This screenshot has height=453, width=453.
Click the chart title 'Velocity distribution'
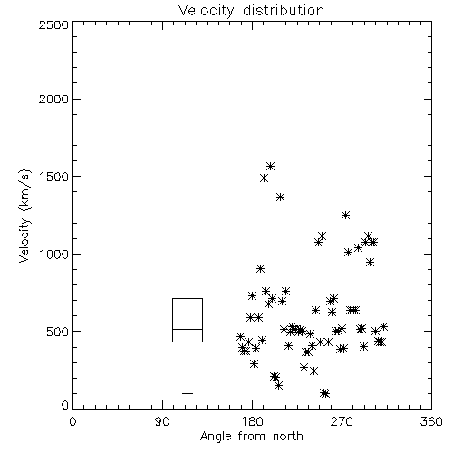click(x=251, y=10)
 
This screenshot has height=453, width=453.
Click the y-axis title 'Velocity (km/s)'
click(x=24, y=216)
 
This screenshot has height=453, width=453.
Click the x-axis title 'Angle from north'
click(x=251, y=437)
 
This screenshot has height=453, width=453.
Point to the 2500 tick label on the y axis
click(x=53, y=24)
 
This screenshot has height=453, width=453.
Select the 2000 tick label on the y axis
click(x=53, y=99)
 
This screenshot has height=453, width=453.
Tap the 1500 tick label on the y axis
click(x=54, y=177)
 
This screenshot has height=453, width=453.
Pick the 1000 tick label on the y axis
click(x=54, y=254)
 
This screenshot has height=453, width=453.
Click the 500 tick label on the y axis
click(x=57, y=332)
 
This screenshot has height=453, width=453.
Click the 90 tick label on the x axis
click(x=162, y=421)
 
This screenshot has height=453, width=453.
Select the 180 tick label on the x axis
click(x=252, y=421)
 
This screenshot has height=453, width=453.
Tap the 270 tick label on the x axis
click(x=342, y=421)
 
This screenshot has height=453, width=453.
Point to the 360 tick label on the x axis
click(x=431, y=421)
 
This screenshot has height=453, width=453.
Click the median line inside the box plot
click(x=188, y=329)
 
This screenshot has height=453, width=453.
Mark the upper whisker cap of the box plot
click(x=188, y=236)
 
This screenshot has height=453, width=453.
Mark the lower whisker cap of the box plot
click(x=188, y=393)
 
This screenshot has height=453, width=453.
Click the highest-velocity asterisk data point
click(x=270, y=166)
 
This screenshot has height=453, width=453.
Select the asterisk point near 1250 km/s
click(x=345, y=215)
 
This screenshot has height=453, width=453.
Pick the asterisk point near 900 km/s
click(x=260, y=268)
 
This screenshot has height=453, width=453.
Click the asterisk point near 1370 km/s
click(x=280, y=198)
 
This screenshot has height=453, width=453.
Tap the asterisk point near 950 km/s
click(x=371, y=262)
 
